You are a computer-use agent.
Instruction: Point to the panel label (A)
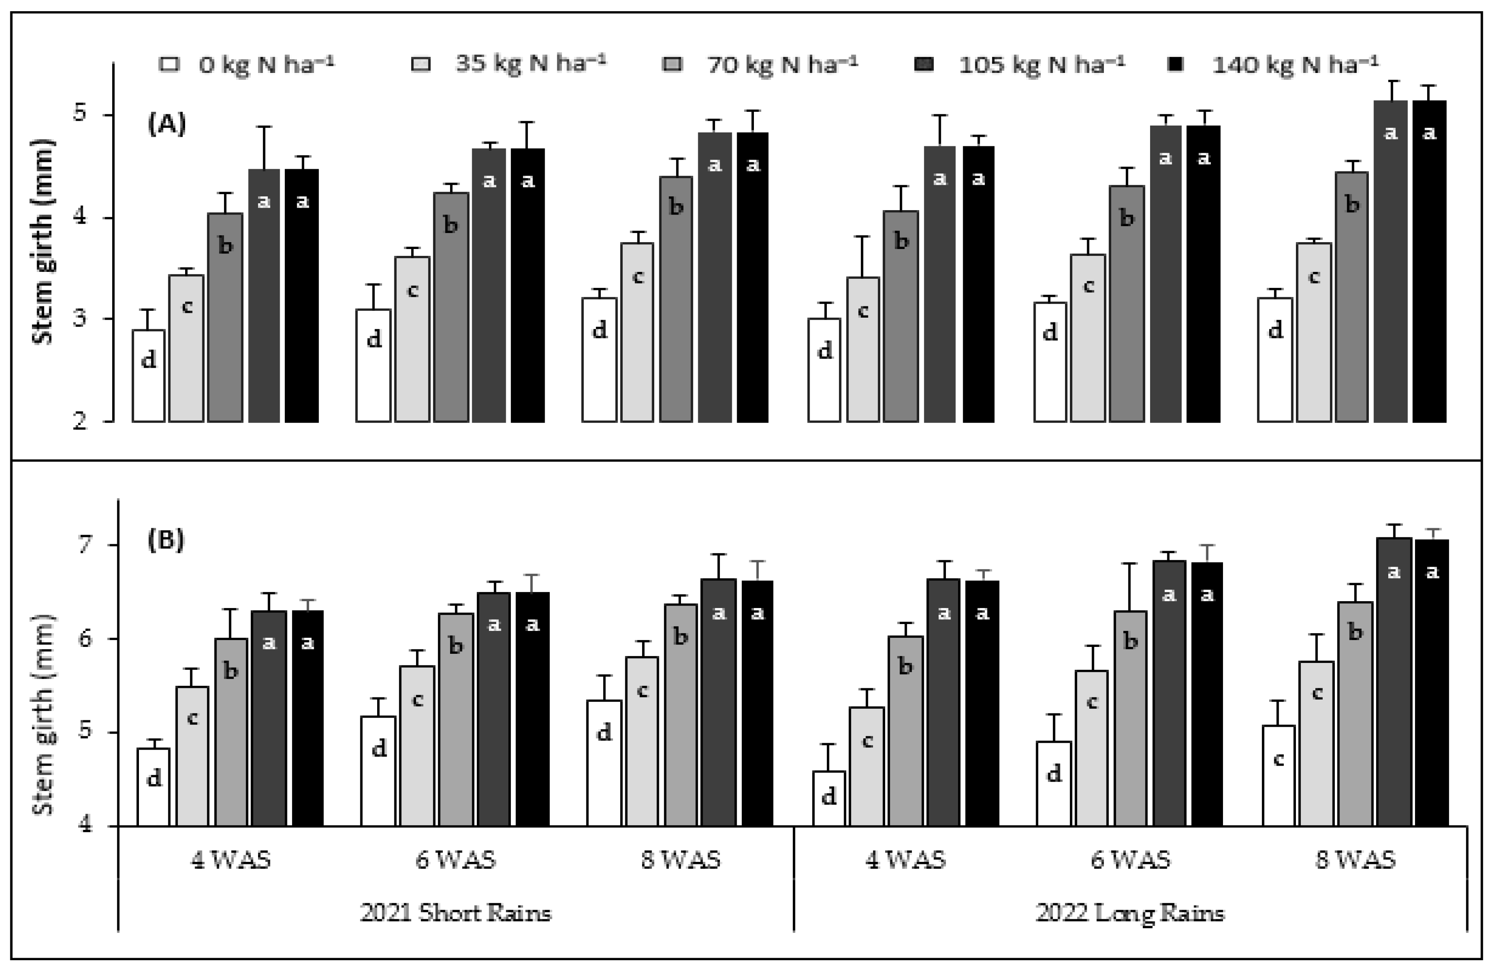click(166, 124)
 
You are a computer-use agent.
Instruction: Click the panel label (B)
click(166, 540)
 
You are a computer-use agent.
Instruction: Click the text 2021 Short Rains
click(456, 912)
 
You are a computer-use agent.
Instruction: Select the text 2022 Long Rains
click(1130, 912)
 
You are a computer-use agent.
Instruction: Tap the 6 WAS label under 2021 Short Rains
click(456, 859)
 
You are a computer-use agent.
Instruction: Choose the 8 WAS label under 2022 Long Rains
click(1356, 859)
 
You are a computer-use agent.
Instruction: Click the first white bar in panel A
click(149, 377)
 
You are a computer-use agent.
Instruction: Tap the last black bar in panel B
click(1431, 684)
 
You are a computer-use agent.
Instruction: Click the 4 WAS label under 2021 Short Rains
click(231, 859)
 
